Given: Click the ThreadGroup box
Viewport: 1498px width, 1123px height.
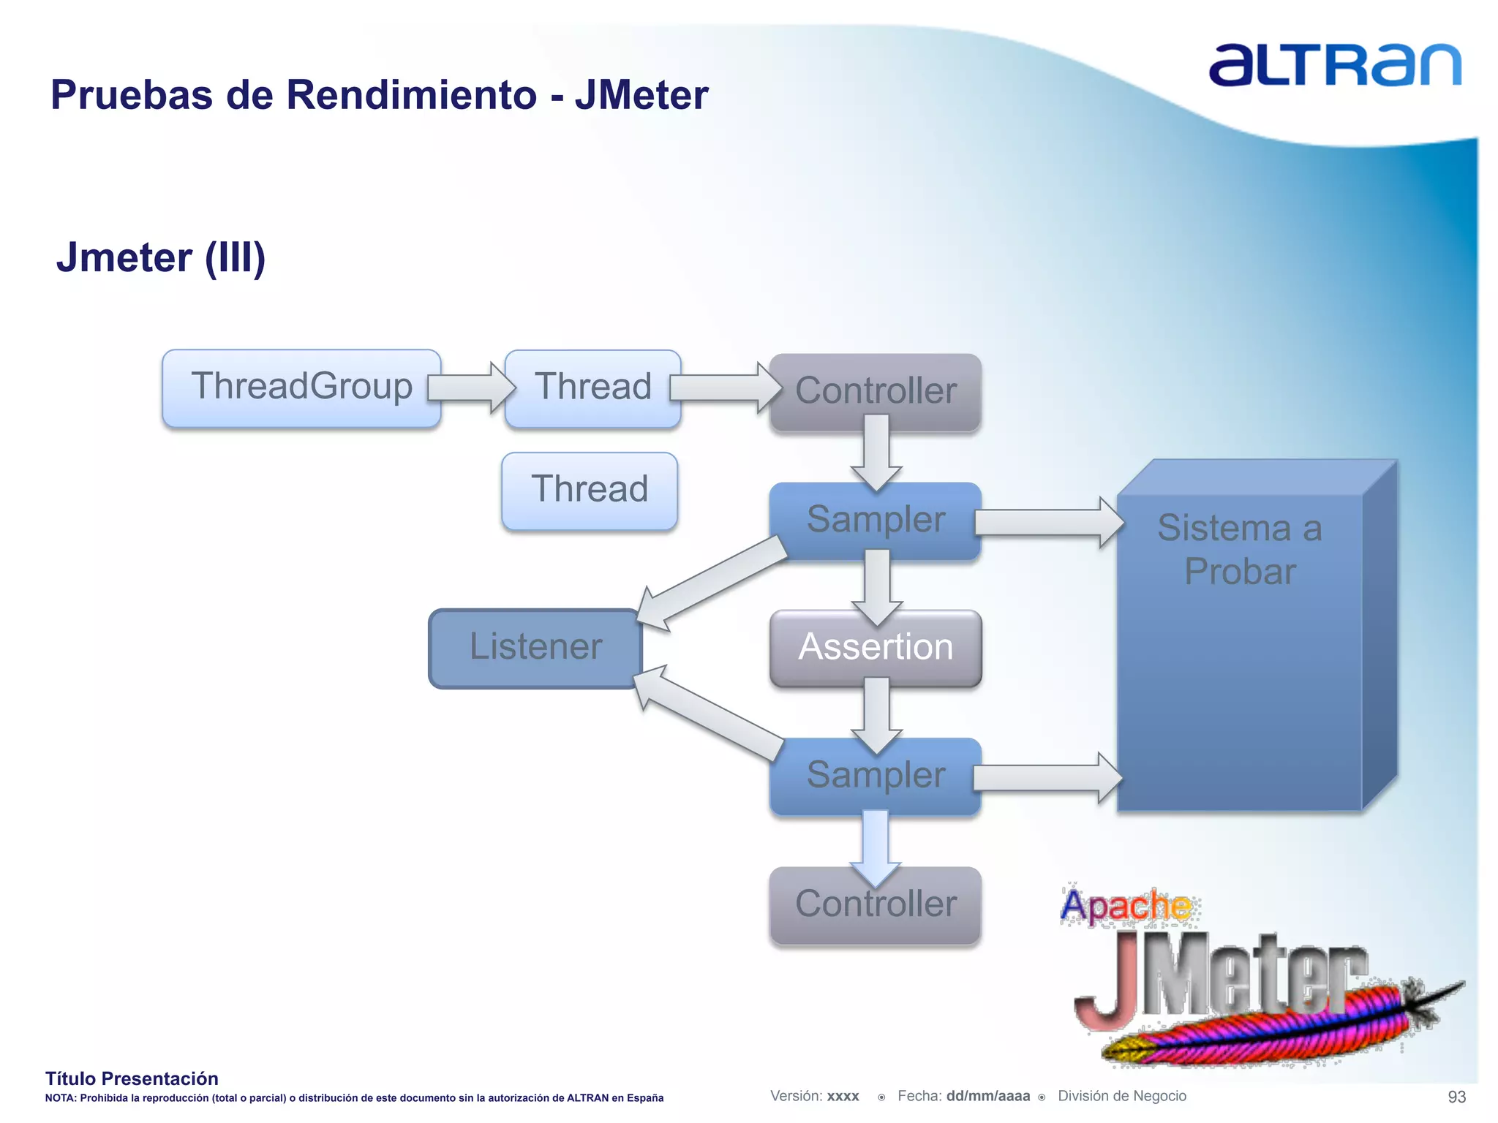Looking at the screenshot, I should pos(301,387).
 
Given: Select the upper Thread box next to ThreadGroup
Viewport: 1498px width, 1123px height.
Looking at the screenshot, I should pos(592,387).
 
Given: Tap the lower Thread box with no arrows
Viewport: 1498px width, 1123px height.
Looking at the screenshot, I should pos(590,490).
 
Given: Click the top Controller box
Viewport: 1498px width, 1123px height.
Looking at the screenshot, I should pos(876,391).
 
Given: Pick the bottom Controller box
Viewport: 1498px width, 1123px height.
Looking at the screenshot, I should pos(876,905).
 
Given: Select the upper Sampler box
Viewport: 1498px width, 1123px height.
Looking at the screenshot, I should pos(876,520).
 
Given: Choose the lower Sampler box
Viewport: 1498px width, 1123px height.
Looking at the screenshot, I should pos(876,776).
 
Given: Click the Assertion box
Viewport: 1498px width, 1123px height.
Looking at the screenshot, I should pos(876,648).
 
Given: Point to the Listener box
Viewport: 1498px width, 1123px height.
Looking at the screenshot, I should pos(535,648).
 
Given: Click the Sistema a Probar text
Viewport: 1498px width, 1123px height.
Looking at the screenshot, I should pos(1240,549).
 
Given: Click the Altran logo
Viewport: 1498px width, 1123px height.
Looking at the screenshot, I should pos(1335,66).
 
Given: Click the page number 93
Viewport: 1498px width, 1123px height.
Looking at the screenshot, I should pos(1456,1097).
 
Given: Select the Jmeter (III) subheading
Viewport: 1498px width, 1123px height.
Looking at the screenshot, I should pos(161,258).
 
